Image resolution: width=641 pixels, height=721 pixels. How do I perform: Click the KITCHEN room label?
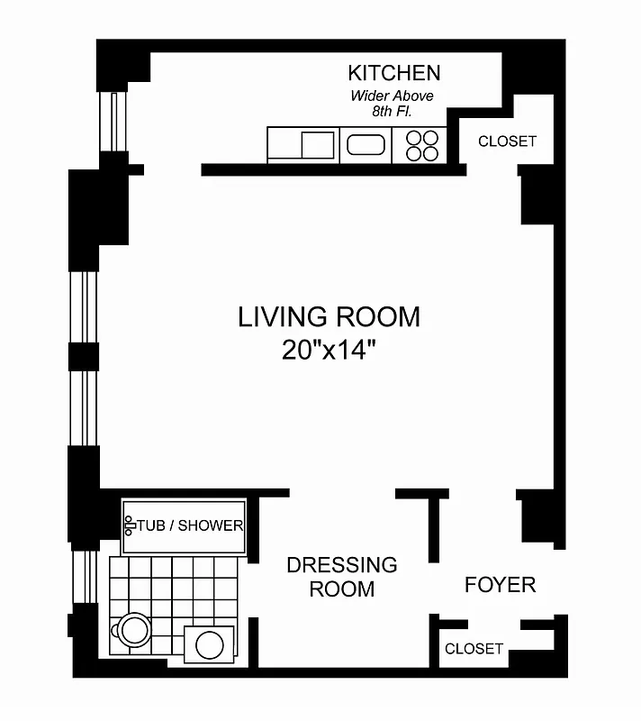pyautogui.click(x=394, y=73)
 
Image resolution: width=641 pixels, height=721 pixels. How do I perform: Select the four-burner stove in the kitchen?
pyautogui.click(x=421, y=145)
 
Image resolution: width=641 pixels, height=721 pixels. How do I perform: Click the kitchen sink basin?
pyautogui.click(x=366, y=145)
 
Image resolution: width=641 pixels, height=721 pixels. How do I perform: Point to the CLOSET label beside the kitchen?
pyautogui.click(x=507, y=141)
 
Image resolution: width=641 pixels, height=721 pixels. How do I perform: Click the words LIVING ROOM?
pyautogui.click(x=329, y=317)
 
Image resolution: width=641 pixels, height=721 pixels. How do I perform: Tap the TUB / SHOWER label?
pyautogui.click(x=190, y=525)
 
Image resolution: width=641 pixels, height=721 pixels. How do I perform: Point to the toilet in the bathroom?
pyautogui.click(x=134, y=628)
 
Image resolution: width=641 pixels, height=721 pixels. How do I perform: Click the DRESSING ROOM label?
pyautogui.click(x=341, y=577)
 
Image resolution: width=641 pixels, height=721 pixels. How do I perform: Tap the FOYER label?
pyautogui.click(x=500, y=585)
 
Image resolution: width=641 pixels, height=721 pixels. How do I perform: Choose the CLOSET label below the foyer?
pyautogui.click(x=474, y=649)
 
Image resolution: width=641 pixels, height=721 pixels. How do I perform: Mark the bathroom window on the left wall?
pyautogui.click(x=86, y=578)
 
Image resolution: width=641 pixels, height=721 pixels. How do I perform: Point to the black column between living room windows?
pyautogui.click(x=83, y=356)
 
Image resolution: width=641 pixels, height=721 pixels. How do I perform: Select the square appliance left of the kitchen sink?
pyautogui.click(x=318, y=144)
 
